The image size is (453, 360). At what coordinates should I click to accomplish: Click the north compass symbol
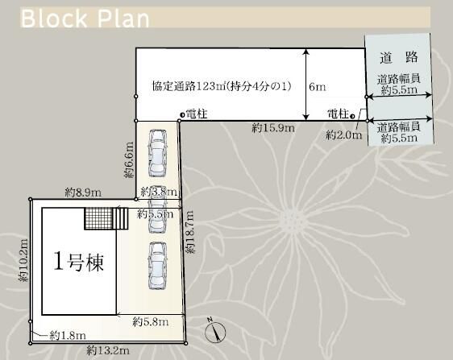click(214, 330)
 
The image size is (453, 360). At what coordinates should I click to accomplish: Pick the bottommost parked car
click(155, 265)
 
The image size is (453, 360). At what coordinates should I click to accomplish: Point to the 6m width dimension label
click(318, 85)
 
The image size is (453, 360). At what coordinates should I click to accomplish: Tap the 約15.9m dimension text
click(272, 128)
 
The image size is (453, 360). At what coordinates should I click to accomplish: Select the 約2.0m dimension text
click(343, 135)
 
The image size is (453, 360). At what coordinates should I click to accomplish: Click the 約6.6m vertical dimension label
click(128, 161)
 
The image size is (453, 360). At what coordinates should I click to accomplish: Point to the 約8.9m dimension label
click(83, 192)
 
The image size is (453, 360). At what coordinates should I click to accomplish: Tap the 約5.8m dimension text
click(151, 321)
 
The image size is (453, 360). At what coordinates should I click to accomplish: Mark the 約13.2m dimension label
click(108, 350)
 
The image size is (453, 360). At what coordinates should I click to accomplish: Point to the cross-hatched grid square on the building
click(98, 218)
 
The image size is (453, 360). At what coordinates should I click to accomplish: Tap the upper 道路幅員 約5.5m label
click(398, 85)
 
